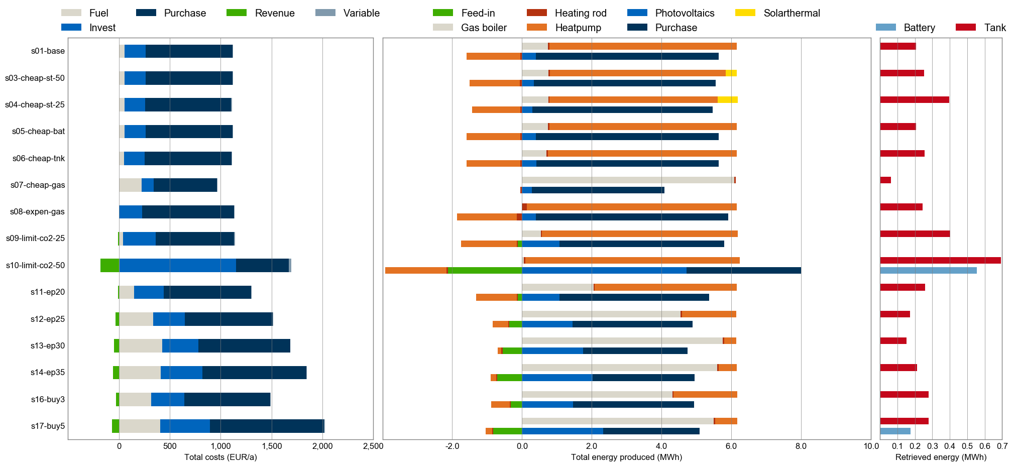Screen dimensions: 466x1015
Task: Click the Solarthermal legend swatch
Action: (x=745, y=13)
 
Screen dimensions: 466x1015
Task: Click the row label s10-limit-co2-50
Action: (x=35, y=265)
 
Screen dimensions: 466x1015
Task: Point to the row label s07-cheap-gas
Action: (x=38, y=185)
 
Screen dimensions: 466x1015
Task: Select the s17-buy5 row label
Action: (x=48, y=426)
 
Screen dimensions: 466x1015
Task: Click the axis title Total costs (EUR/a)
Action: (x=220, y=457)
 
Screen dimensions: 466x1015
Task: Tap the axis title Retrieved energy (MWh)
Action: (x=941, y=457)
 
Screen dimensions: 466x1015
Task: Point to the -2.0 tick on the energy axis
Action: (x=452, y=446)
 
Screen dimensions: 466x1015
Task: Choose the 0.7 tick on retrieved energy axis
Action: (x=1002, y=446)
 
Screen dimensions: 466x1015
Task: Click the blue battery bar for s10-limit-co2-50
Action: (x=928, y=271)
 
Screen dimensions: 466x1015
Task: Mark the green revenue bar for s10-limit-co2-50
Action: (x=109, y=265)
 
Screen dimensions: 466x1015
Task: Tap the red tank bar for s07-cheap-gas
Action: (x=885, y=180)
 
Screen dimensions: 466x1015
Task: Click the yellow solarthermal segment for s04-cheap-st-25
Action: (x=728, y=99)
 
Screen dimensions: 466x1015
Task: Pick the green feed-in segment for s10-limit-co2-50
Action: (x=485, y=271)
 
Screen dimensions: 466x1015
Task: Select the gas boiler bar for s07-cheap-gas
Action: (x=628, y=180)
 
